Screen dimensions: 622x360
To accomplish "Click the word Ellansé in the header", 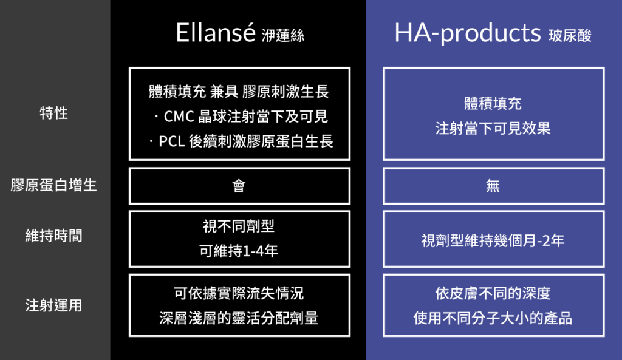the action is tap(216, 33).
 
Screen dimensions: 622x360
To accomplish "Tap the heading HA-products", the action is tap(467, 33).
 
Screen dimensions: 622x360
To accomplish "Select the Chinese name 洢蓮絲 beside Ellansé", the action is tap(283, 36).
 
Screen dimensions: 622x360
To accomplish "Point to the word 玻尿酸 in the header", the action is tap(570, 36).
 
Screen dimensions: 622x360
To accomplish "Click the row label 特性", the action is tap(54, 113).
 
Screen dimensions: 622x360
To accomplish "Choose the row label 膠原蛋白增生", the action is tap(54, 185).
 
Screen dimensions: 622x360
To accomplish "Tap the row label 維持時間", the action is tap(54, 236).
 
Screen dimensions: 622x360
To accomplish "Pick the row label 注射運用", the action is tap(54, 305).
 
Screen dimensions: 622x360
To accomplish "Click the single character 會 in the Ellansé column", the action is tap(239, 186).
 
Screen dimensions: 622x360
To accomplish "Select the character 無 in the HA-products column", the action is tap(493, 186).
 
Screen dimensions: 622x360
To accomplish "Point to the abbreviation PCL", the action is tap(172, 141).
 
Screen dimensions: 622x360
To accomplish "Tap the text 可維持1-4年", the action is tap(239, 251).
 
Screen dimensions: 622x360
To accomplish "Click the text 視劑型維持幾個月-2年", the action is tap(493, 240).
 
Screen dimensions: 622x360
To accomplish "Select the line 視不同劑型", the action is tap(239, 226).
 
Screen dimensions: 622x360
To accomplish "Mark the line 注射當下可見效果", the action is tap(493, 129).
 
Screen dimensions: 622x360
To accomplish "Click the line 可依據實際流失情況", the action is tap(239, 293).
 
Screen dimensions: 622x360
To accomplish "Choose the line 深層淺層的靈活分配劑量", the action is tap(239, 318).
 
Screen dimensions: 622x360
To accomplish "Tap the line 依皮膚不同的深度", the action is tap(493, 293).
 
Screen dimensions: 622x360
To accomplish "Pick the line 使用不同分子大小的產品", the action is tap(493, 318).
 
